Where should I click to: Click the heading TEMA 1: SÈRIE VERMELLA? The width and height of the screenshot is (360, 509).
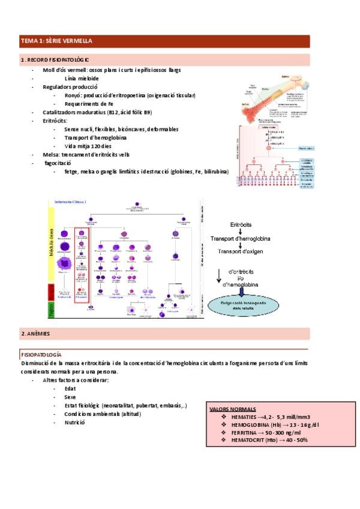57,41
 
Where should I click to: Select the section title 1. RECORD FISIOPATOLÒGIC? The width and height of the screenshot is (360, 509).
55,60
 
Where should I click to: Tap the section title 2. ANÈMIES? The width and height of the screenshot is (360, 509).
37,333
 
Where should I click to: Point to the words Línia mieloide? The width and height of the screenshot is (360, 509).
82,78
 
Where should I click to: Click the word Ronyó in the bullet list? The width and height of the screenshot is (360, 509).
73,95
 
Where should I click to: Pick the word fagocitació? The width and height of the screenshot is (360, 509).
58,163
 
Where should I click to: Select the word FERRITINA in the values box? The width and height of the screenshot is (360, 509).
244,432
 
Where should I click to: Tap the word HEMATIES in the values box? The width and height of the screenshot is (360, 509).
243,417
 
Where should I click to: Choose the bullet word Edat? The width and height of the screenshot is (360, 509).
70,388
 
